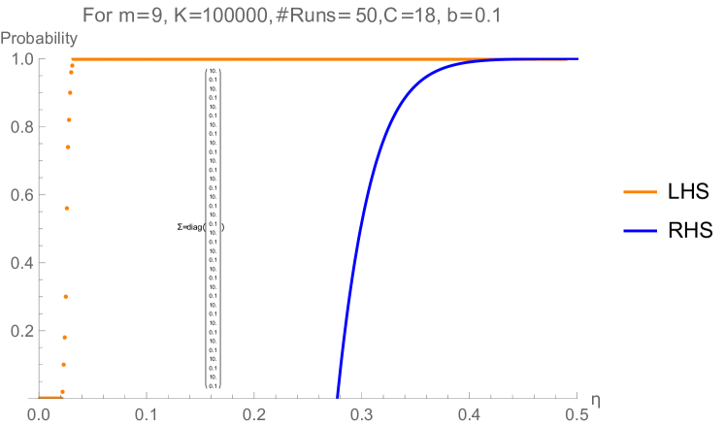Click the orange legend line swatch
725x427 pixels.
click(640, 192)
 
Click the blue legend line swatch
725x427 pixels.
click(640, 231)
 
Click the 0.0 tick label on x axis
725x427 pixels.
click(39, 413)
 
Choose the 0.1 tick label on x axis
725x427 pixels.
click(147, 413)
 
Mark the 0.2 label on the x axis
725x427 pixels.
click(254, 413)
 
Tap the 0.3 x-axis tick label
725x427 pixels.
click(362, 413)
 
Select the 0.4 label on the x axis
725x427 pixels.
click(470, 413)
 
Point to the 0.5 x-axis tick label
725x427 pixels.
click(577, 413)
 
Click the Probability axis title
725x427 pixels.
click(39, 40)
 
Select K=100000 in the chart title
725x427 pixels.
click(220, 16)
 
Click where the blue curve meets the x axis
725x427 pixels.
click(337, 396)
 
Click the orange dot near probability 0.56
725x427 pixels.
click(67, 209)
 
